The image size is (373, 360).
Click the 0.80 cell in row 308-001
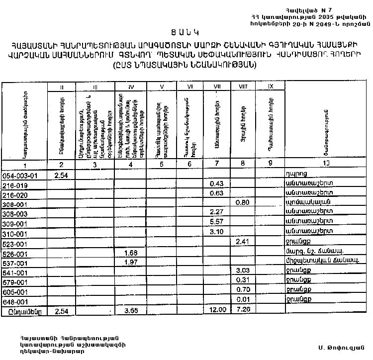[242, 203]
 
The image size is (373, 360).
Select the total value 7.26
[243, 310]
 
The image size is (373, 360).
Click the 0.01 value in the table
[243, 300]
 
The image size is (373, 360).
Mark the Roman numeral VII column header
[217, 88]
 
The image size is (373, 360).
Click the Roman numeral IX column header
[271, 88]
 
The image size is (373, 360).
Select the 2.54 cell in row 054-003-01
[61, 175]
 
